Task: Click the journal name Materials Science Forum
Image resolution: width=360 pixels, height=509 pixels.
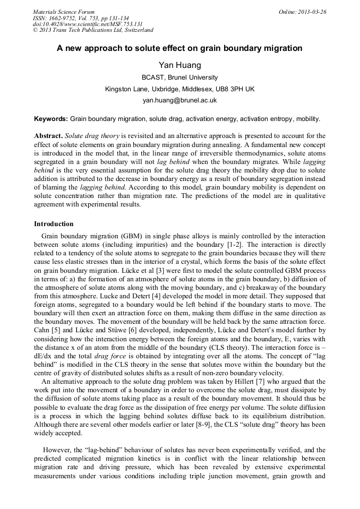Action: click(x=64, y=12)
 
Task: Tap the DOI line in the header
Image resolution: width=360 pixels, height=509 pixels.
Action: click(x=88, y=24)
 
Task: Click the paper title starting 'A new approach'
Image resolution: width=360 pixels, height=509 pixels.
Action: click(x=179, y=48)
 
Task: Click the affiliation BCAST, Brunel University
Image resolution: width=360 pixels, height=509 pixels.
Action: click(x=179, y=77)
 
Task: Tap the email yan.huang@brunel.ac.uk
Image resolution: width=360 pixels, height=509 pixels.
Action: click(x=179, y=100)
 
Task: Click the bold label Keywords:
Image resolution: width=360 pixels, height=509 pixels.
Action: click(x=51, y=119)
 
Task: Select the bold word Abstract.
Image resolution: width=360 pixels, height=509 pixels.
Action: click(x=48, y=136)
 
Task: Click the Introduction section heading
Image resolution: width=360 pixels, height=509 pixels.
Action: click(x=54, y=224)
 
